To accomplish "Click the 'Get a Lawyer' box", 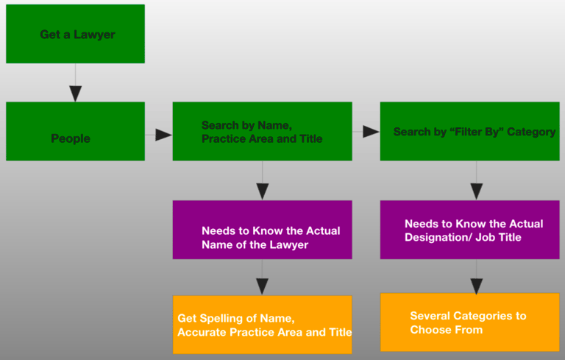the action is tap(75, 34).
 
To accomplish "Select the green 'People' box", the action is tap(75, 131).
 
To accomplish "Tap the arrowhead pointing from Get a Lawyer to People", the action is tap(75, 93).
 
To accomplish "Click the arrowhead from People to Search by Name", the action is tap(163, 135).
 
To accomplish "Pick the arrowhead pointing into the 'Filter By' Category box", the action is tap(371, 132).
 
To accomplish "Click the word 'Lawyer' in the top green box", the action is tap(94, 35).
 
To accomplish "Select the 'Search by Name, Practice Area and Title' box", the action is tap(263, 131).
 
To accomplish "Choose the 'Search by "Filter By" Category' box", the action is tap(470, 131).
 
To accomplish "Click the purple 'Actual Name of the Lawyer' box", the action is tap(263, 230).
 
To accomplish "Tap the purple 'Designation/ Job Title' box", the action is tap(470, 230).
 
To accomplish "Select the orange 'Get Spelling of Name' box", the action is tap(263, 325).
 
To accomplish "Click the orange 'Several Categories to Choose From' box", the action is tap(470, 322).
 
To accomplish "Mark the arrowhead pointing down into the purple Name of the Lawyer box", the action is tap(263, 191).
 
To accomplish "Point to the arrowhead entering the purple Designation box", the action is tap(477, 191).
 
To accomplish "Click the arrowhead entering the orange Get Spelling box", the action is tap(263, 287).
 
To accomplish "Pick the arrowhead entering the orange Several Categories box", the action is tap(477, 286).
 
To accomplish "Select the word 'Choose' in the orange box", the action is tap(429, 330).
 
